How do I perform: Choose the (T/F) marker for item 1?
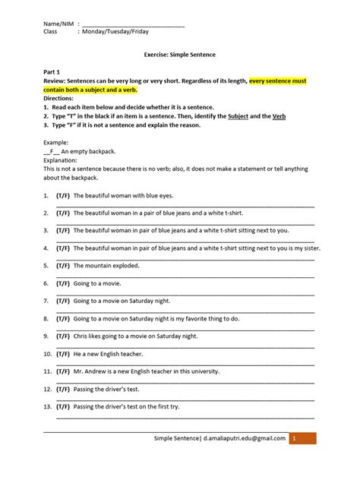point(62,195)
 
